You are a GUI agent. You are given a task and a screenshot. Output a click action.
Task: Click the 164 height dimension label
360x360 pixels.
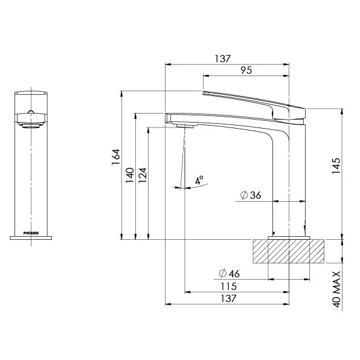pyautogui.click(x=116, y=157)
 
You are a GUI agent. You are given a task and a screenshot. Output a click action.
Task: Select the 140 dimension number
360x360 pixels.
pyautogui.click(x=130, y=175)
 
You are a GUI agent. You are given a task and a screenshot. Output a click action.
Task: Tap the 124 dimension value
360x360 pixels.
pyautogui.click(x=143, y=175)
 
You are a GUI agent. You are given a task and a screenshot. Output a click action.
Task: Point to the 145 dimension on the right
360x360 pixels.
pyautogui.click(x=336, y=166)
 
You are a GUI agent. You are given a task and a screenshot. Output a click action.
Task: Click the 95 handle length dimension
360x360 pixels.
pyautogui.click(x=246, y=70)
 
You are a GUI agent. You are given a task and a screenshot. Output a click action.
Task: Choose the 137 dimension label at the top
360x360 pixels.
pyautogui.click(x=222, y=59)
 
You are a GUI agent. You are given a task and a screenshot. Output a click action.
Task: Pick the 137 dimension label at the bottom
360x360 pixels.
pyautogui.click(x=228, y=298)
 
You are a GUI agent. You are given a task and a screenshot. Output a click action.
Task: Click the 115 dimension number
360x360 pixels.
pyautogui.click(x=228, y=286)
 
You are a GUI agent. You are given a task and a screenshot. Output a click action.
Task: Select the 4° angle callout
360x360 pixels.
pyautogui.click(x=199, y=180)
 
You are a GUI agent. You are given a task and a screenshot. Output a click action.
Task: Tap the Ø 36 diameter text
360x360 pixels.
pyautogui.click(x=251, y=195)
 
